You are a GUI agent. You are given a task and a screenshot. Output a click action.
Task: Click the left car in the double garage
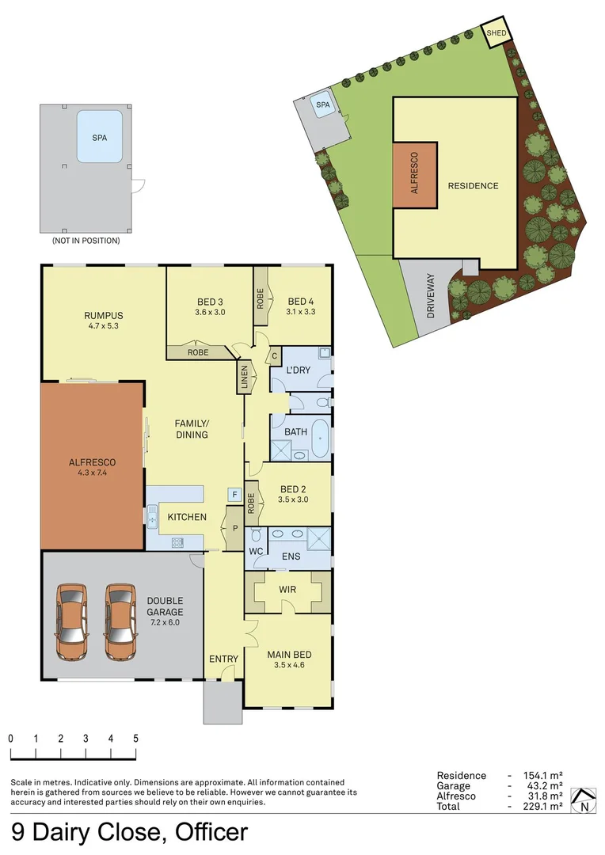coord(72,622)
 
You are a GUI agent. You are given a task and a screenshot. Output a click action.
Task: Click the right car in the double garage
coord(121,622)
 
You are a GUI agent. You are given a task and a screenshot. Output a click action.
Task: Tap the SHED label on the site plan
coord(496,33)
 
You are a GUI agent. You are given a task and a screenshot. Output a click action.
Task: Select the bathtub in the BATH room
coord(319,439)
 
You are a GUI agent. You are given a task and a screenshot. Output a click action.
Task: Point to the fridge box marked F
coord(234,495)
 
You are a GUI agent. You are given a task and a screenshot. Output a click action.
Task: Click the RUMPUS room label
coord(104,316)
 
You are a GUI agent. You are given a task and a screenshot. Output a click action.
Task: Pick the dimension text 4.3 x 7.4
coord(93,473)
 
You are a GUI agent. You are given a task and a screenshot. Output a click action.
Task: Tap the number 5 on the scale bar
coord(135,738)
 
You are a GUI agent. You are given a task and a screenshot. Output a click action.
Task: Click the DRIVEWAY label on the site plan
coord(431,295)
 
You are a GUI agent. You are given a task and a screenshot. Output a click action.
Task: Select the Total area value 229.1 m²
coord(542,806)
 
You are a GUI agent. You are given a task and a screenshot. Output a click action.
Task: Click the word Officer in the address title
coord(209,832)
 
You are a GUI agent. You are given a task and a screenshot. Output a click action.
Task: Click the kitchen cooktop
coord(178,543)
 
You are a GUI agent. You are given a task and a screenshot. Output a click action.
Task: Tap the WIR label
coord(287,590)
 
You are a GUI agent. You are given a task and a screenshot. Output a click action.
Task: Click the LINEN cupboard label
coord(244,378)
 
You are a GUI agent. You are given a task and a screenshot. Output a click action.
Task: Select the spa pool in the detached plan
coord(99,137)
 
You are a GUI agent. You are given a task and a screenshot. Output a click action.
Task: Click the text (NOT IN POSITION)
coord(86,241)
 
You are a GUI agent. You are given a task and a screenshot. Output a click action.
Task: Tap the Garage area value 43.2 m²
coord(542,785)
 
